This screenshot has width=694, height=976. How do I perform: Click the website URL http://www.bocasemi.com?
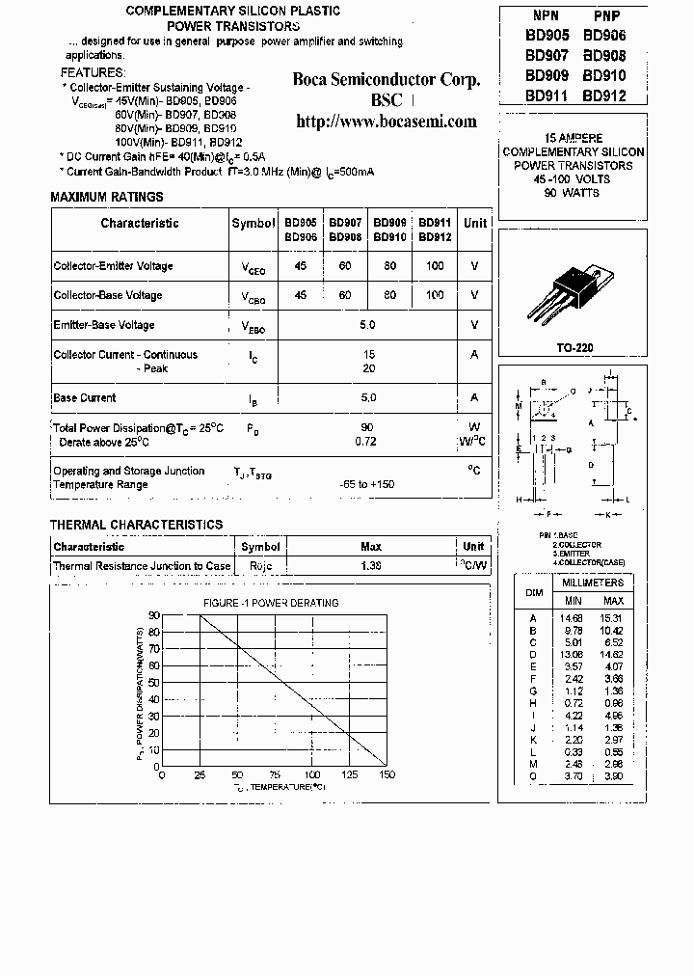(386, 122)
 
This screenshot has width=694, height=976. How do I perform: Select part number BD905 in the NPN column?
(547, 35)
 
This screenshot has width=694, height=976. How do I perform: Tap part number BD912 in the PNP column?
(604, 95)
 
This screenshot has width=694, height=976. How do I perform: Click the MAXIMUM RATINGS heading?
(107, 198)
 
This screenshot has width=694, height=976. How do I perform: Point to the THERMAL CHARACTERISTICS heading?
(136, 525)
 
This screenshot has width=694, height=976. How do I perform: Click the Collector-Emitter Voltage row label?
(113, 266)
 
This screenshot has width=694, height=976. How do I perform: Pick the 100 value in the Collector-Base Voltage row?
(435, 295)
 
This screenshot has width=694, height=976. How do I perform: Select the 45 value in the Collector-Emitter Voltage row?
(301, 266)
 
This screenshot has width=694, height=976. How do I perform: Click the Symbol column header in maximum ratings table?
(254, 224)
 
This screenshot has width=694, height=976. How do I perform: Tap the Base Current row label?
(85, 397)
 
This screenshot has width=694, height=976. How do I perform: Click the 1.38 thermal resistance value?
(371, 566)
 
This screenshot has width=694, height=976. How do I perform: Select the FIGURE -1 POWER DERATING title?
(271, 603)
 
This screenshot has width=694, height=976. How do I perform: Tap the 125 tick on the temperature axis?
(349, 774)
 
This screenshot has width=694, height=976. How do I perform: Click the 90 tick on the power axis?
(154, 615)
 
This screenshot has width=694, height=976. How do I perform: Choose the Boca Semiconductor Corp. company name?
(386, 80)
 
